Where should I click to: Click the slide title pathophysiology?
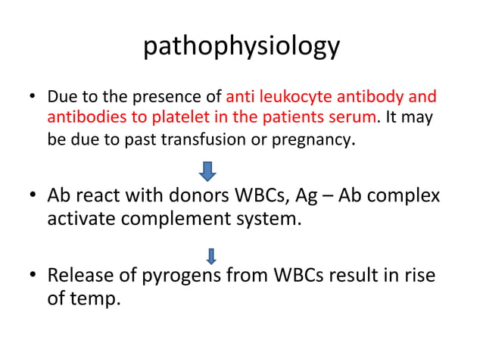241,47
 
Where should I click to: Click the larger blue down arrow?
207,170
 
